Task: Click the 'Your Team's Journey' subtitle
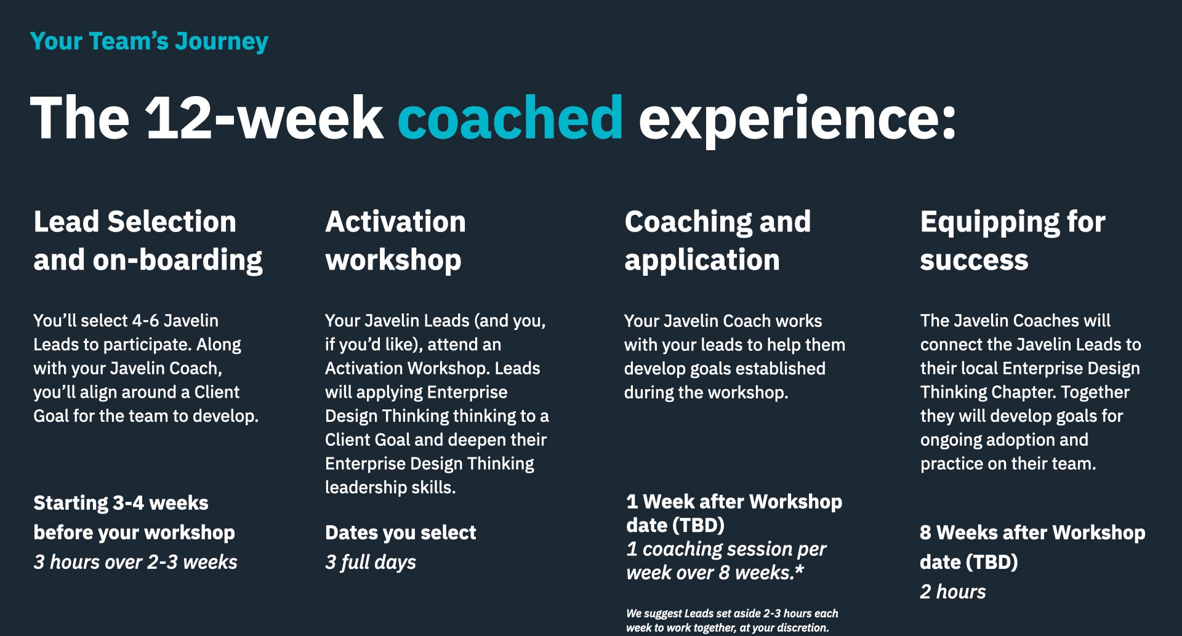(149, 41)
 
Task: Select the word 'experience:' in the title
(797, 118)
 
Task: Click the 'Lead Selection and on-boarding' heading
(148, 241)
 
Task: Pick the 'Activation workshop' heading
(395, 241)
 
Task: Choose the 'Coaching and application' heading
(717, 241)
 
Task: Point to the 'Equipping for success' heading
(1012, 241)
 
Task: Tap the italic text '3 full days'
(371, 562)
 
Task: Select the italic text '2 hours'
(952, 592)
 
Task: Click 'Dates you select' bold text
(400, 533)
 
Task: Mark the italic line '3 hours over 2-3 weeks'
(135, 562)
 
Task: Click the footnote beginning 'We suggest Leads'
(731, 621)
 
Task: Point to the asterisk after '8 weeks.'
(799, 571)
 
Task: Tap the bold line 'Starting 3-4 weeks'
(121, 503)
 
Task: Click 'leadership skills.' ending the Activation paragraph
(390, 488)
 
